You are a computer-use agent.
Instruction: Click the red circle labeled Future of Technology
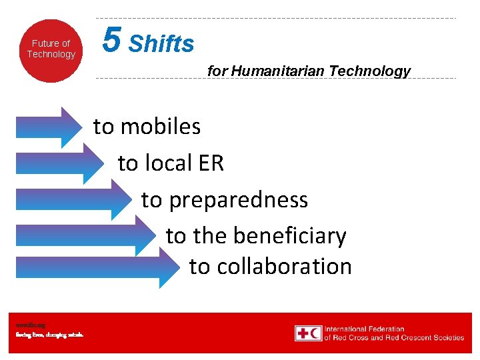coord(51,50)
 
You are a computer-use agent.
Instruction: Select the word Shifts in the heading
coord(161,45)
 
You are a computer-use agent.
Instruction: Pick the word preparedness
coord(239,200)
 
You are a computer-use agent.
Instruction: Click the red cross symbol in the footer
coord(303,333)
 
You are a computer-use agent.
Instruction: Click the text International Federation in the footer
coord(364,329)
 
